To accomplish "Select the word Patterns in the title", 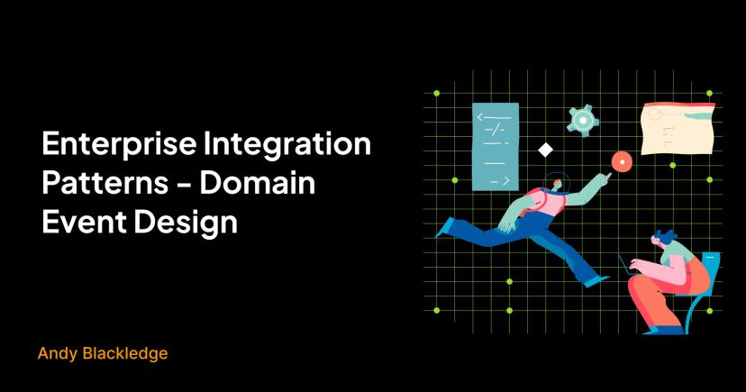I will tap(100, 183).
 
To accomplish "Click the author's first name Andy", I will tap(57, 354).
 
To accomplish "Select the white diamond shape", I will tap(544, 150).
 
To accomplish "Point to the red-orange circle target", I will tap(620, 161).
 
